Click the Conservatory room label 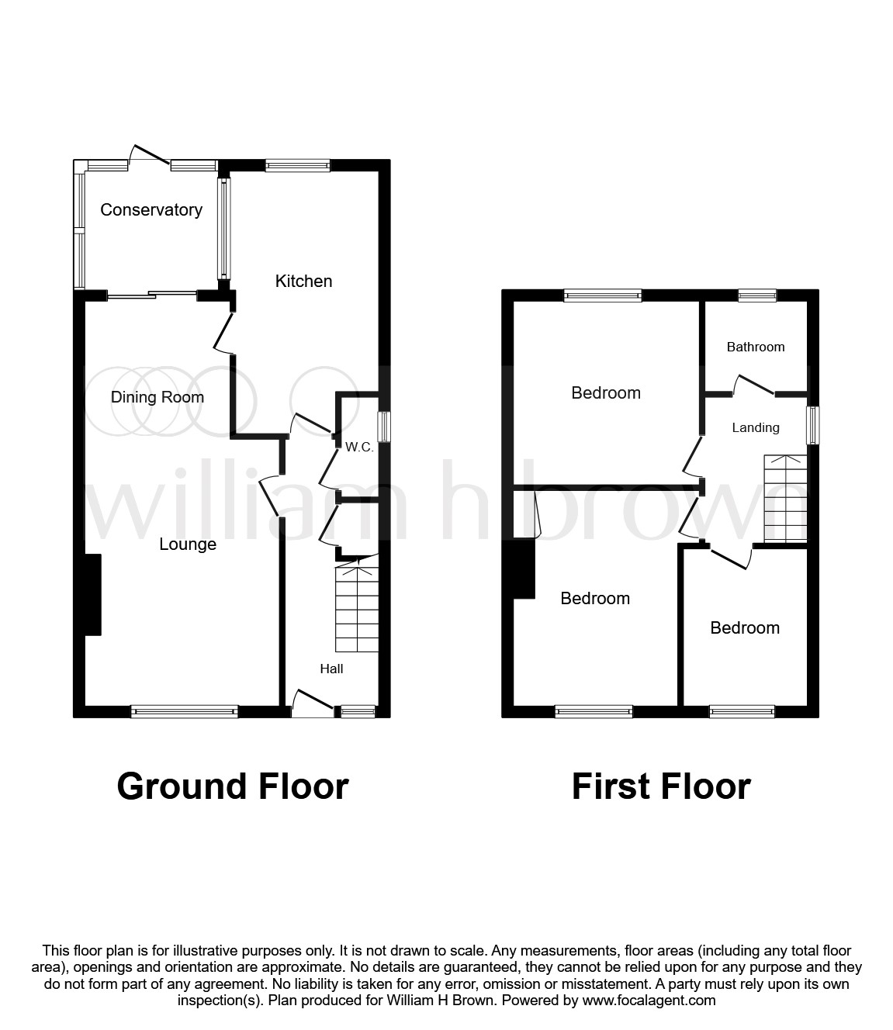[151, 209]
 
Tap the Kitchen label [303, 281]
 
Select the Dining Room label [157, 397]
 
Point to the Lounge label [188, 544]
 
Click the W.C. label [359, 448]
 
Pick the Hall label [331, 669]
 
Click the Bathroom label [755, 347]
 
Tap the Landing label [755, 427]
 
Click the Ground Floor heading [233, 786]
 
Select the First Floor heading [661, 786]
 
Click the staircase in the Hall [357, 610]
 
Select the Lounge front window [185, 710]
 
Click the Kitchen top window [298, 165]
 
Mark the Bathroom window [756, 295]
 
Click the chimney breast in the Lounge [93, 595]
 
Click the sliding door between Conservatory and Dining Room [152, 294]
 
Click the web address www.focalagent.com [649, 1001]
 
